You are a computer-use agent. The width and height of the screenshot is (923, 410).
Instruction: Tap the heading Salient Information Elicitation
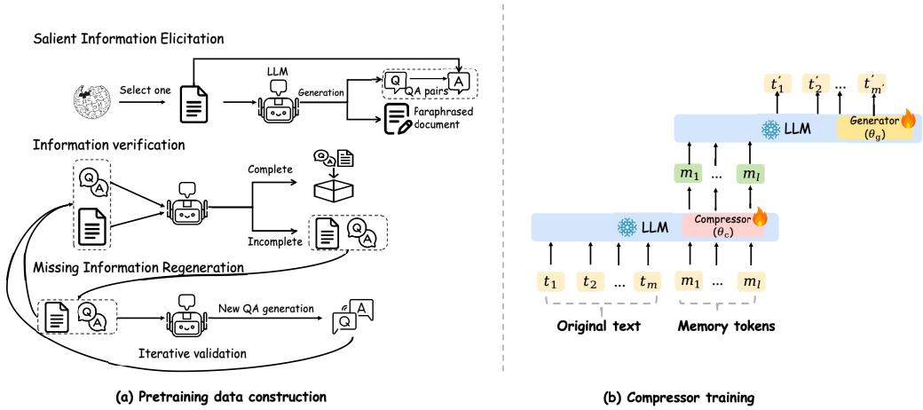click(129, 39)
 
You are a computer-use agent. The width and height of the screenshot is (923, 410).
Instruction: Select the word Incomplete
click(276, 241)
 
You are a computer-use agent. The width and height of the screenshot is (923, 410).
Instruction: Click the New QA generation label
click(265, 309)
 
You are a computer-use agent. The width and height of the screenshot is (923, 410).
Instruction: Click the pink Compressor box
click(722, 226)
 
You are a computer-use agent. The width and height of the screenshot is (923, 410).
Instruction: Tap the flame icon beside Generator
click(907, 122)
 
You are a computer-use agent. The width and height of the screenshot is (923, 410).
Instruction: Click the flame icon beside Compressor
click(760, 219)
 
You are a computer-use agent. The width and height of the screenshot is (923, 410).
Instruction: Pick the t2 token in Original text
click(590, 282)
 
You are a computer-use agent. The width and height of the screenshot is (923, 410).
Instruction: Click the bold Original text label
click(600, 327)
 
